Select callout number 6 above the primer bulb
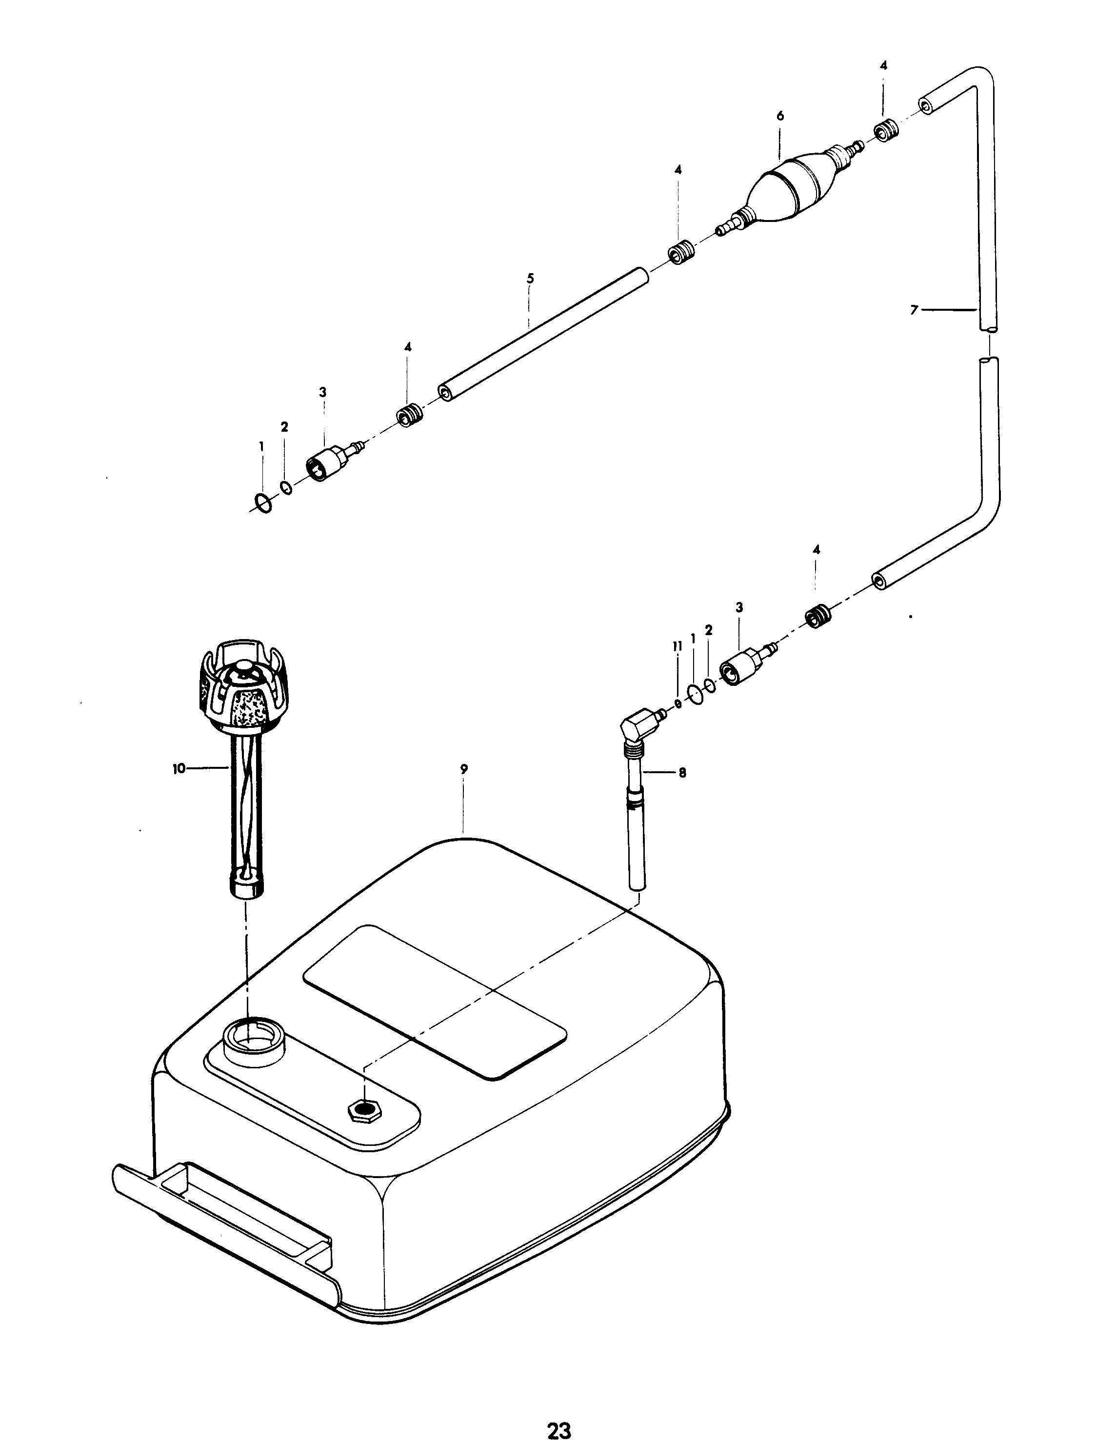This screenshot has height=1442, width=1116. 780,116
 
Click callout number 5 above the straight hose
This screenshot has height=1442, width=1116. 530,278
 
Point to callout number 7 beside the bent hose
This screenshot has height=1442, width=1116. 914,310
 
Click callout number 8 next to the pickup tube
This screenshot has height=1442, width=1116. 682,773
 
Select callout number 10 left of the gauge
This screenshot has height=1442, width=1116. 179,768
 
